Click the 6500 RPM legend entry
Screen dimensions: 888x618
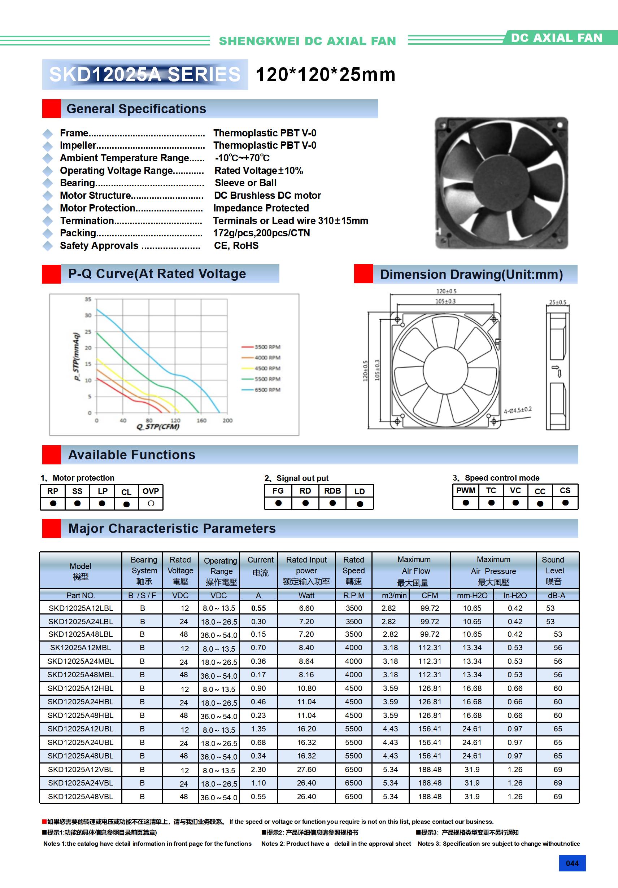point(267,389)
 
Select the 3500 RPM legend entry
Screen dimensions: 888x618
point(267,347)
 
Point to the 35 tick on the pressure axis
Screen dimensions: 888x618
point(88,299)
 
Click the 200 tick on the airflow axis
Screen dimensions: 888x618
point(227,420)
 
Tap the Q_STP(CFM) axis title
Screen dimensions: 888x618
point(158,426)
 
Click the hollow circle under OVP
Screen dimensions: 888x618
point(151,503)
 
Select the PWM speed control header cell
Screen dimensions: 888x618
point(466,490)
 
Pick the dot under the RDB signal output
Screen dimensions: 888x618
point(332,503)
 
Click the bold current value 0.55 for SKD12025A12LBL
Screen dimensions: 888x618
point(258,608)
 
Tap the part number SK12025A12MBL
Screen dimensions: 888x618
point(80,647)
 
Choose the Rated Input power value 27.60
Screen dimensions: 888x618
point(306,769)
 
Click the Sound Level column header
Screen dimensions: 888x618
point(554,570)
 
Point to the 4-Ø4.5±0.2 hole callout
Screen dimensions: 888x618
point(517,410)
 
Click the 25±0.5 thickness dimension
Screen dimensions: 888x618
point(558,302)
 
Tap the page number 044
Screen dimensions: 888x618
point(572,863)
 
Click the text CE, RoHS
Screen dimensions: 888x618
point(236,246)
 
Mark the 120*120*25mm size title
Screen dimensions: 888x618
point(326,75)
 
